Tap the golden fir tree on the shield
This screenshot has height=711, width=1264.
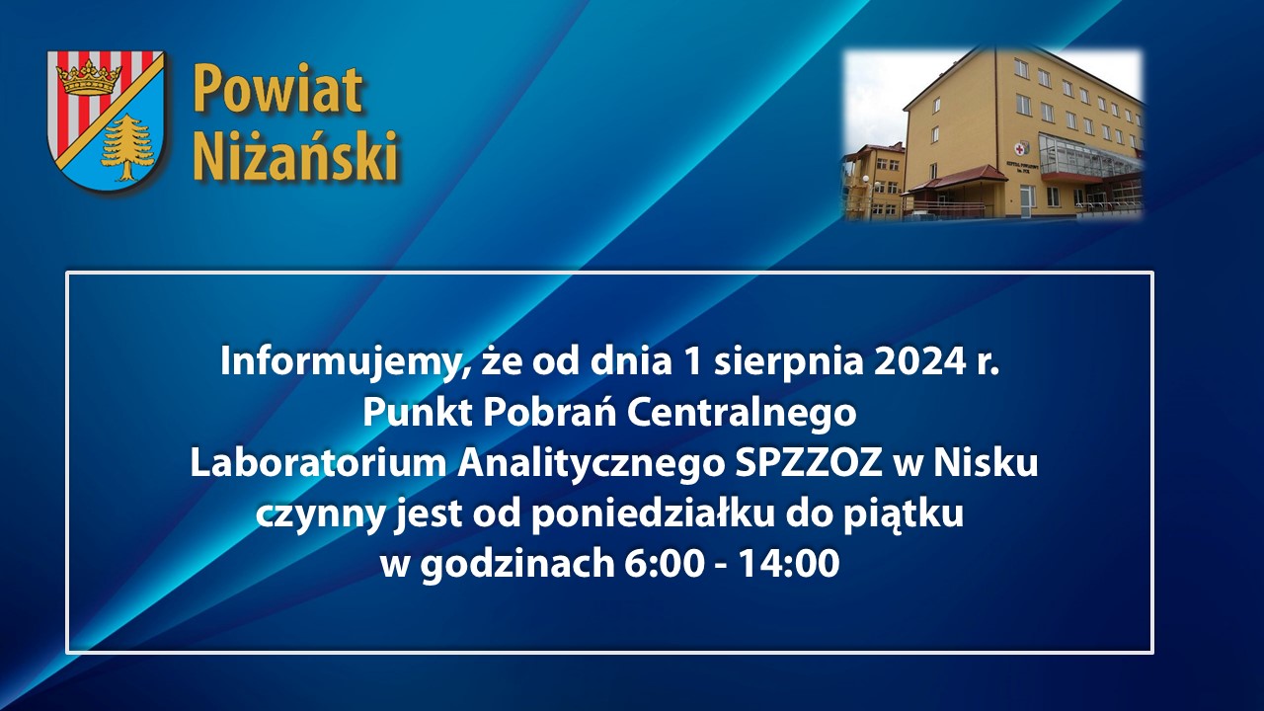pyautogui.click(x=126, y=147)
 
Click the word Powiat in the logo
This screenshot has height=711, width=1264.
pyautogui.click(x=277, y=90)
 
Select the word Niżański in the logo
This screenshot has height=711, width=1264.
pyautogui.click(x=295, y=154)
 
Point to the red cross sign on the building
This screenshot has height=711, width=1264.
pyautogui.click(x=1020, y=149)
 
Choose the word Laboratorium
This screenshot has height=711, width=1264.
pyautogui.click(x=318, y=464)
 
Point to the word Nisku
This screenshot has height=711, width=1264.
pyautogui.click(x=986, y=464)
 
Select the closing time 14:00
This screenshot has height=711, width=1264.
pyautogui.click(x=789, y=565)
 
